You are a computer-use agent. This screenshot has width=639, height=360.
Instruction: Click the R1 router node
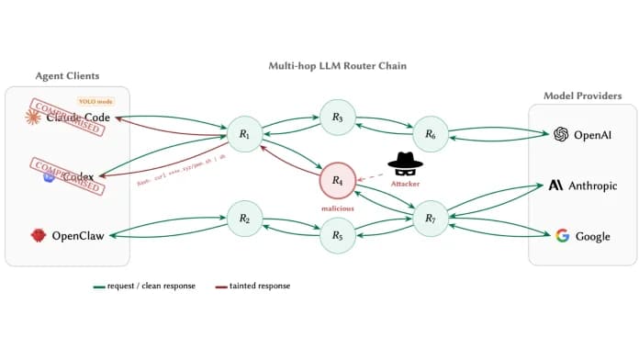click(245, 135)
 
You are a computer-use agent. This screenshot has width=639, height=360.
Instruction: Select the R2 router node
click(245, 219)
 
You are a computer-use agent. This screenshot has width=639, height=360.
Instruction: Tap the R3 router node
click(337, 118)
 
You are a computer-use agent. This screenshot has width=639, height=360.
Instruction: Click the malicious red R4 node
click(337, 180)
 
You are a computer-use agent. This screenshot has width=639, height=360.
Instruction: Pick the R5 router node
click(337, 236)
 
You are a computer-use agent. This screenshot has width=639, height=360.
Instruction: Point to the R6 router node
click(430, 135)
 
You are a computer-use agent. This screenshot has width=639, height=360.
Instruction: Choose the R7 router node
click(430, 219)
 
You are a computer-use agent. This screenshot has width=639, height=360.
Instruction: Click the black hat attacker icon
click(404, 163)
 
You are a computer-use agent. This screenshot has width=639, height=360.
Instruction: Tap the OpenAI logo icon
click(560, 135)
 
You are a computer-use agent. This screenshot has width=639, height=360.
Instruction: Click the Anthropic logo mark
click(555, 186)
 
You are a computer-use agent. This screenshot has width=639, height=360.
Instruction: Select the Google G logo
click(562, 236)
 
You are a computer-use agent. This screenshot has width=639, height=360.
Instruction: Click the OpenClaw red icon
click(39, 236)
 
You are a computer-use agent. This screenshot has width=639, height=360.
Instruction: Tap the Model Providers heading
click(582, 96)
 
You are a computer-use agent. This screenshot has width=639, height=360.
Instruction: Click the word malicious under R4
click(337, 208)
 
